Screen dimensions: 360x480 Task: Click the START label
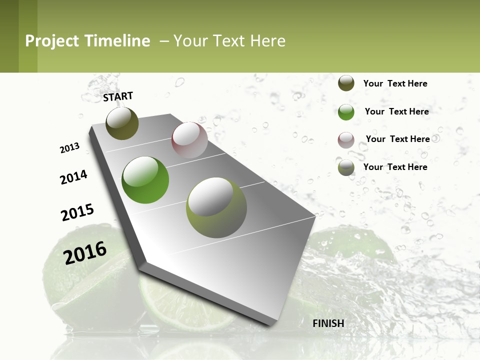click(x=118, y=96)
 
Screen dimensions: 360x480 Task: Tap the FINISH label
click(x=328, y=323)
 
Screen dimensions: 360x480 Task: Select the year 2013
click(x=70, y=148)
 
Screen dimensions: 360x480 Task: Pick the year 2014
click(x=74, y=177)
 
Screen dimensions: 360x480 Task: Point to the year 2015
click(x=77, y=212)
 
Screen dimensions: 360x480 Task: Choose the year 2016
click(x=85, y=252)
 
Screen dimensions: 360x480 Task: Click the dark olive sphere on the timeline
click(x=122, y=123)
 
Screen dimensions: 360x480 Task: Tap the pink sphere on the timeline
click(x=189, y=140)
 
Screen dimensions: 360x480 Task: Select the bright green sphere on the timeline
click(x=145, y=180)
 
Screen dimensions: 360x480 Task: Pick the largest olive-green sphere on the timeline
click(x=216, y=207)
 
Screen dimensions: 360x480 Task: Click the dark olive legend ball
click(x=346, y=83)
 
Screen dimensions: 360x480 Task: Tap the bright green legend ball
click(x=346, y=112)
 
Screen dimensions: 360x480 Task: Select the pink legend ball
click(x=346, y=140)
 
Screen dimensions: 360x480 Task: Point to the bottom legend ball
click(x=346, y=168)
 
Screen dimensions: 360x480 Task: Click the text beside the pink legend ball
click(x=397, y=139)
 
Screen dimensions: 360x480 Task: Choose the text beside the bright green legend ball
click(x=396, y=111)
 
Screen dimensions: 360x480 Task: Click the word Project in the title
click(x=52, y=41)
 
